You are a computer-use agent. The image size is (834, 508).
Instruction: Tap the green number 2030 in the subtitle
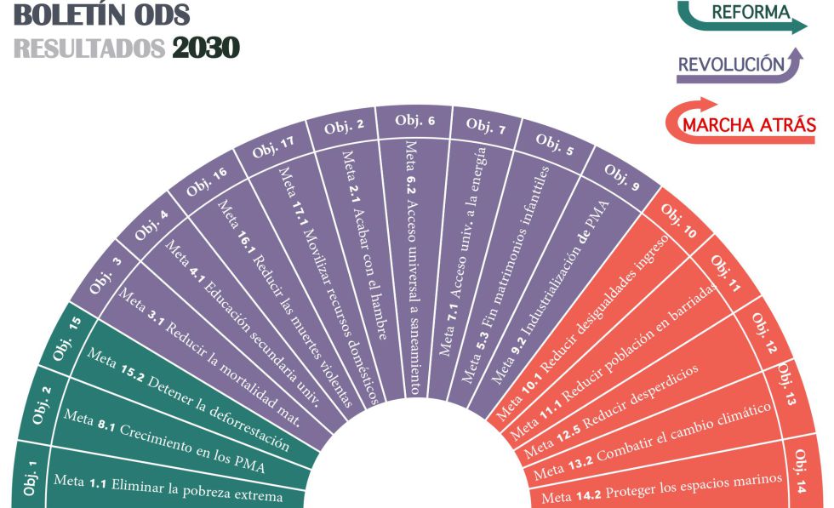tap(205, 47)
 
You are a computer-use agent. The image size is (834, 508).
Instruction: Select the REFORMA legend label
tap(749, 13)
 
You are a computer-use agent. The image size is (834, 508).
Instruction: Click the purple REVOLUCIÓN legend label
tap(730, 64)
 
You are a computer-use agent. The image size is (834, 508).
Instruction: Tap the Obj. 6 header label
tap(414, 120)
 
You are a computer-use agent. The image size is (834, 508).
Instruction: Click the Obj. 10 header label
tap(677, 220)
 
